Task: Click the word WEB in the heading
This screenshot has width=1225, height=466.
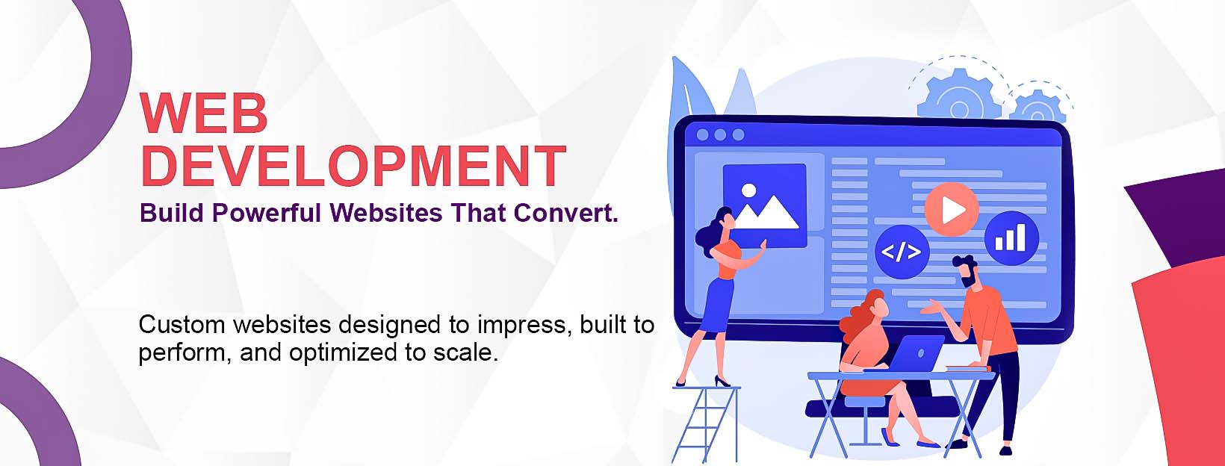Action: (203, 114)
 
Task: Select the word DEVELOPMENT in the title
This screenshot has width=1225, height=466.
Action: (353, 166)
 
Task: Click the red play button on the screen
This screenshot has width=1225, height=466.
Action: (952, 210)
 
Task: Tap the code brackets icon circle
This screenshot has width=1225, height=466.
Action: (902, 252)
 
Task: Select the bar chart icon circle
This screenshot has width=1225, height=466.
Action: (1011, 238)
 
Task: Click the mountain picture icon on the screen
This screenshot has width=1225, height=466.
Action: (765, 205)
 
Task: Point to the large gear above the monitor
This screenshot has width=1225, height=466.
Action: (959, 94)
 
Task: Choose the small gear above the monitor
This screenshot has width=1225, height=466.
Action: (1038, 106)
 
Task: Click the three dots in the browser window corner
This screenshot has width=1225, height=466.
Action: (720, 135)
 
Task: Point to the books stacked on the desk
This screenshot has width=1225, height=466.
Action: (968, 368)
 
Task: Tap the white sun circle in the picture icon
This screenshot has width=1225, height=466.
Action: (748, 190)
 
